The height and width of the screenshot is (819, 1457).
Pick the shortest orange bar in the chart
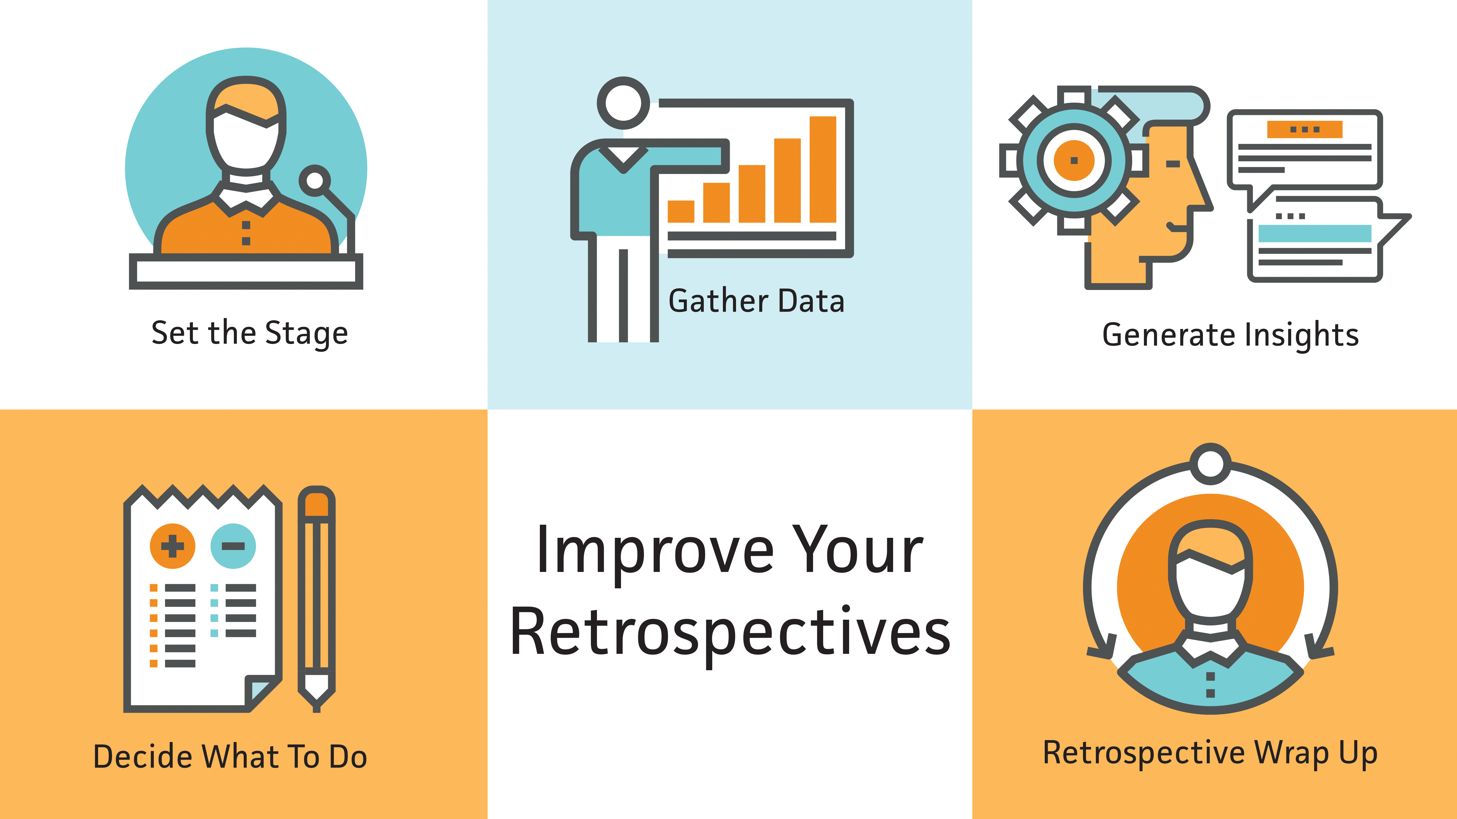pyautogui.click(x=681, y=211)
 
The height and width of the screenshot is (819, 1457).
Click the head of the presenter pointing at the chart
pyautogui.click(x=623, y=103)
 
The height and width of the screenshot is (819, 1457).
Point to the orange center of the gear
pyautogui.click(x=1073, y=161)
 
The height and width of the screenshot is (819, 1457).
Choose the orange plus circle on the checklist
pyautogui.click(x=172, y=546)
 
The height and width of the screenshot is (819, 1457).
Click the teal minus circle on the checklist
pyautogui.click(x=233, y=546)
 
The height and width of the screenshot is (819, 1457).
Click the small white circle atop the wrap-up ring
pyautogui.click(x=1210, y=464)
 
